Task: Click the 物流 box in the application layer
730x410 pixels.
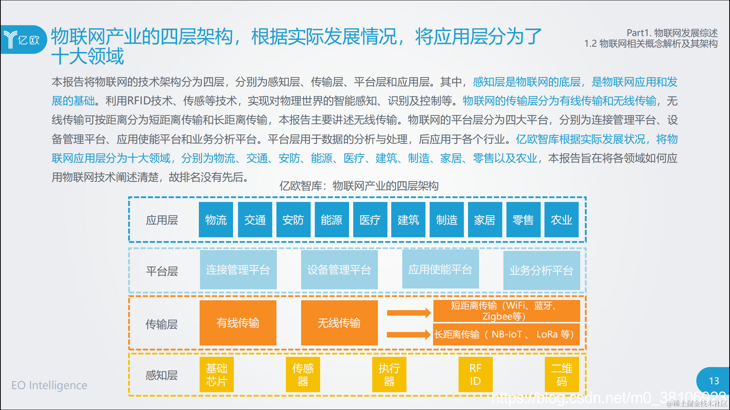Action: [x=216, y=220]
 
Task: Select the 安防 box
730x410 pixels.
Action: [x=293, y=220]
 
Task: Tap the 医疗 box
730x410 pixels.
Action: [x=370, y=220]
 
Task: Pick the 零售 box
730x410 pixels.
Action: [x=523, y=220]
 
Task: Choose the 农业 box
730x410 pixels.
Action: [x=561, y=220]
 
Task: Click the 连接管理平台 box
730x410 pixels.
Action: [x=238, y=270]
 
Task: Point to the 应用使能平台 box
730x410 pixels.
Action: [x=440, y=270]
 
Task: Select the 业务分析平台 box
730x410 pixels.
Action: [x=541, y=270]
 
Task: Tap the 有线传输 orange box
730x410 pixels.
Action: [x=238, y=323]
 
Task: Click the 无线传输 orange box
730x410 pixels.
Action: [x=339, y=323]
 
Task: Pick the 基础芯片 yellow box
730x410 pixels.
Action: [x=216, y=374]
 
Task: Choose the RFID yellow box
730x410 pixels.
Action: [x=475, y=374]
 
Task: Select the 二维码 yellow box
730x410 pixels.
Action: [x=562, y=374]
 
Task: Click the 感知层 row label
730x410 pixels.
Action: [x=162, y=375]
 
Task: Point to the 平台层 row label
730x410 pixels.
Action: [x=162, y=271]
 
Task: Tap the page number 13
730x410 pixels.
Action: [x=714, y=381]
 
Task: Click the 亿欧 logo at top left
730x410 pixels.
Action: [x=23, y=39]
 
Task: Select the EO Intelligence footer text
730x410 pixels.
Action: [x=49, y=385]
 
